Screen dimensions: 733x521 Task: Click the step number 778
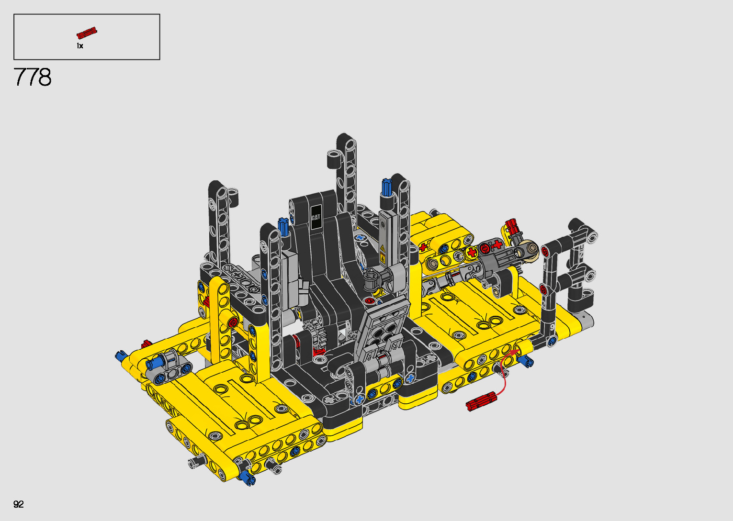pyautogui.click(x=33, y=77)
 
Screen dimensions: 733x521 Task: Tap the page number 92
pyautogui.click(x=19, y=504)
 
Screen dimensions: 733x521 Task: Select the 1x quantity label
pyautogui.click(x=80, y=46)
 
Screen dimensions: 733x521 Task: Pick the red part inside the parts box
pyautogui.click(x=87, y=33)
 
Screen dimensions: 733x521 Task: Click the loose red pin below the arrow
pyautogui.click(x=481, y=401)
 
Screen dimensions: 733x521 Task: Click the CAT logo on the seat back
pyautogui.click(x=316, y=217)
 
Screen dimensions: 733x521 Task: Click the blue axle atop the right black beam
pyautogui.click(x=387, y=187)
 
